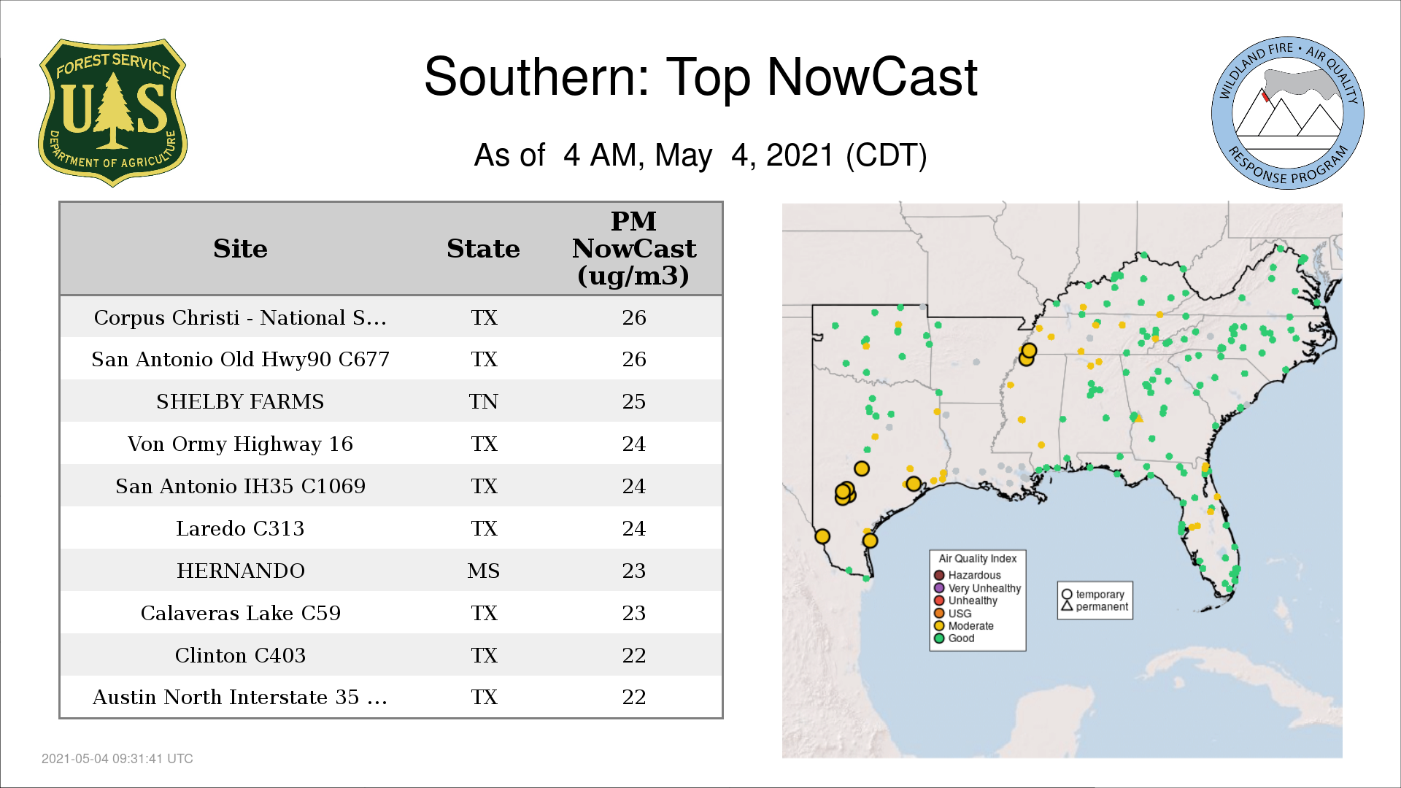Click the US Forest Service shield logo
click(x=112, y=112)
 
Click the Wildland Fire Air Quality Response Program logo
click(x=1288, y=113)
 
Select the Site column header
click(x=240, y=249)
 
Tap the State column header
click(x=483, y=249)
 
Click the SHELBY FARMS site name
click(x=240, y=401)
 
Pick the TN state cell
click(x=484, y=401)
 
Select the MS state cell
click(x=484, y=571)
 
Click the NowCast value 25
click(x=634, y=401)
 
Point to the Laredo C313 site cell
click(x=240, y=528)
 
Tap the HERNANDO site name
click(x=241, y=571)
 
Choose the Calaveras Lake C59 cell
click(x=241, y=613)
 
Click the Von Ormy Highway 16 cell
click(x=240, y=444)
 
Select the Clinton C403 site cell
click(x=240, y=655)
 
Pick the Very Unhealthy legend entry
click(x=978, y=588)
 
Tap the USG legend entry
click(x=953, y=614)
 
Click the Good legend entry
click(x=954, y=638)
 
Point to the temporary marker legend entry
click(x=1093, y=595)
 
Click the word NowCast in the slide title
click(x=872, y=77)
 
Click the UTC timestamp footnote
click(x=117, y=759)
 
